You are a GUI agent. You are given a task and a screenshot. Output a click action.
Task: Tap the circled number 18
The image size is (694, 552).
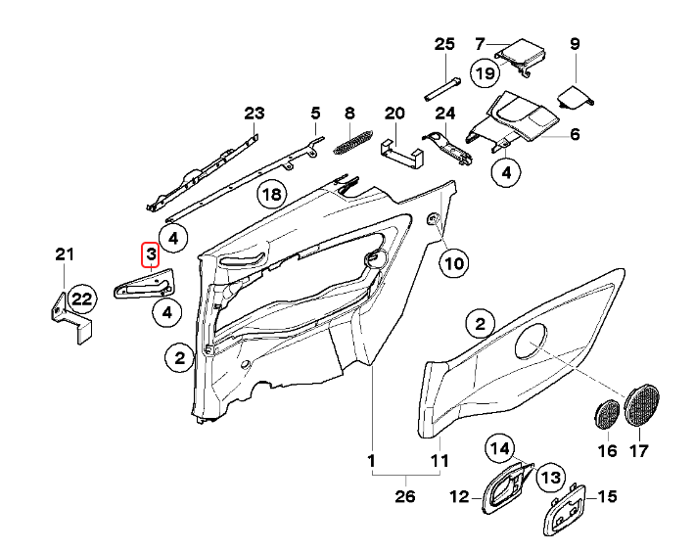tap(272, 195)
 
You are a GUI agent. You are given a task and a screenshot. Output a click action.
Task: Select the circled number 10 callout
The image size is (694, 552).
tap(454, 262)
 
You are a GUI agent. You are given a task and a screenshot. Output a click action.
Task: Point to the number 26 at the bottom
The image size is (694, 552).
tap(405, 496)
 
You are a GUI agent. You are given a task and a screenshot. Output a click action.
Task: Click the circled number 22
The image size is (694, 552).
tap(81, 299)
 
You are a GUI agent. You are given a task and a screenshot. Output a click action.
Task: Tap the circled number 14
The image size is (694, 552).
tap(500, 449)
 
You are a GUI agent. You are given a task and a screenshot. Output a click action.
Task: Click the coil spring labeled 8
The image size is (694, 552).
tap(348, 144)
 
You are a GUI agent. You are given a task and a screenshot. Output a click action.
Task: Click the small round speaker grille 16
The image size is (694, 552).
tap(607, 413)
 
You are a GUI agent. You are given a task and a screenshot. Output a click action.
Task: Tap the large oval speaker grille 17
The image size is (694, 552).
tap(642, 404)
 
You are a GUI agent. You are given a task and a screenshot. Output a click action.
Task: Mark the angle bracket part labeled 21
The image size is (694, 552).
tap(67, 317)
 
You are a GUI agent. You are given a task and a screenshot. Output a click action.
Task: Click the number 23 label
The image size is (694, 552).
tap(254, 114)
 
